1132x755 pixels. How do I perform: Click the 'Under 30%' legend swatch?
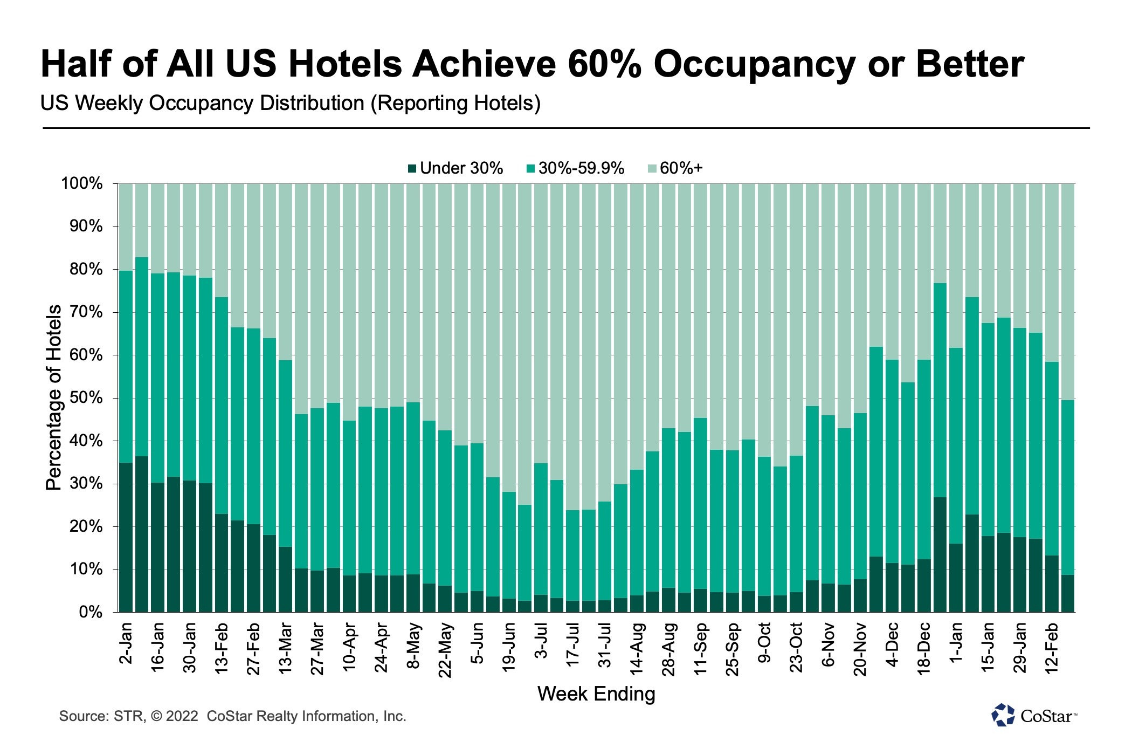click(x=412, y=169)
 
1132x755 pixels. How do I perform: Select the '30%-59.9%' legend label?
click(x=581, y=168)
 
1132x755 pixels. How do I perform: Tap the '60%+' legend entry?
click(x=681, y=168)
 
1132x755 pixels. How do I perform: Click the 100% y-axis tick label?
click(x=82, y=183)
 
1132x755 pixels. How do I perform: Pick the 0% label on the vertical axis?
click(x=91, y=612)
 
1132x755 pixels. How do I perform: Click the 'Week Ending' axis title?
click(x=596, y=694)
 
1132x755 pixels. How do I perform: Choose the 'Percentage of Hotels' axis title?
click(x=54, y=397)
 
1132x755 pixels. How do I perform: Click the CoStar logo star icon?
click(x=1003, y=715)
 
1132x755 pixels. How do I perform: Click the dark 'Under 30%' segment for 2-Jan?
click(x=126, y=537)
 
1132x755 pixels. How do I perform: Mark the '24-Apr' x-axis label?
click(x=381, y=647)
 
